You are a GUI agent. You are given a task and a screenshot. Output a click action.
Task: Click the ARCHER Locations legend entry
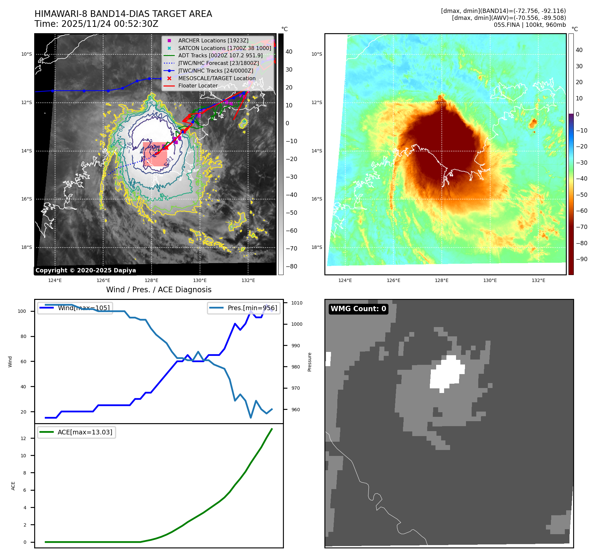(213, 40)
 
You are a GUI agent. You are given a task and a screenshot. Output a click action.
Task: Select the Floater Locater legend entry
(198, 85)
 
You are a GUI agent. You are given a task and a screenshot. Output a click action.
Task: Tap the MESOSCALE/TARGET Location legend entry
(217, 78)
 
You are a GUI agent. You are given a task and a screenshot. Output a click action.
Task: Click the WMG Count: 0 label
(358, 309)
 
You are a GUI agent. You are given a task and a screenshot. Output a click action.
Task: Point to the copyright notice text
(86, 270)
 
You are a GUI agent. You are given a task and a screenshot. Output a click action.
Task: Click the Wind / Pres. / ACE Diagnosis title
(159, 290)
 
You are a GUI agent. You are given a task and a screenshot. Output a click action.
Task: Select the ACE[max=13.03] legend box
(77, 432)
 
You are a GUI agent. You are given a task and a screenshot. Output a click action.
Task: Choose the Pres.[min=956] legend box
(244, 308)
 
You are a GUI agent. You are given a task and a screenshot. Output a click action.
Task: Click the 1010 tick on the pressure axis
(297, 303)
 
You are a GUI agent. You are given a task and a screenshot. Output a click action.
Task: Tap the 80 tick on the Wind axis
(23, 336)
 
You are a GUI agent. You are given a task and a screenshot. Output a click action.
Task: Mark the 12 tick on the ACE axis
(23, 438)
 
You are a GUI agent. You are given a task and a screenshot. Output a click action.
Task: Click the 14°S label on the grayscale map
(27, 151)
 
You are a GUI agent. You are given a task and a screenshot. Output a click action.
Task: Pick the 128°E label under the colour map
(441, 280)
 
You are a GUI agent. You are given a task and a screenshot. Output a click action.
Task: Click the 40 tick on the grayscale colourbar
(289, 52)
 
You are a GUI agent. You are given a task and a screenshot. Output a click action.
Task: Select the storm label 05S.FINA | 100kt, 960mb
(530, 25)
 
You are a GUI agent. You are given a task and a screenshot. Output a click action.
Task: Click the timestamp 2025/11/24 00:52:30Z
(110, 24)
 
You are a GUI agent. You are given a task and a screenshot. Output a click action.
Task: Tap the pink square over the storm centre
(155, 154)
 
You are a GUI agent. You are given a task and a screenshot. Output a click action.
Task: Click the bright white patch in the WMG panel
(446, 373)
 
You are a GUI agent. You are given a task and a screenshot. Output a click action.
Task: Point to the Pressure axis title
(309, 362)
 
